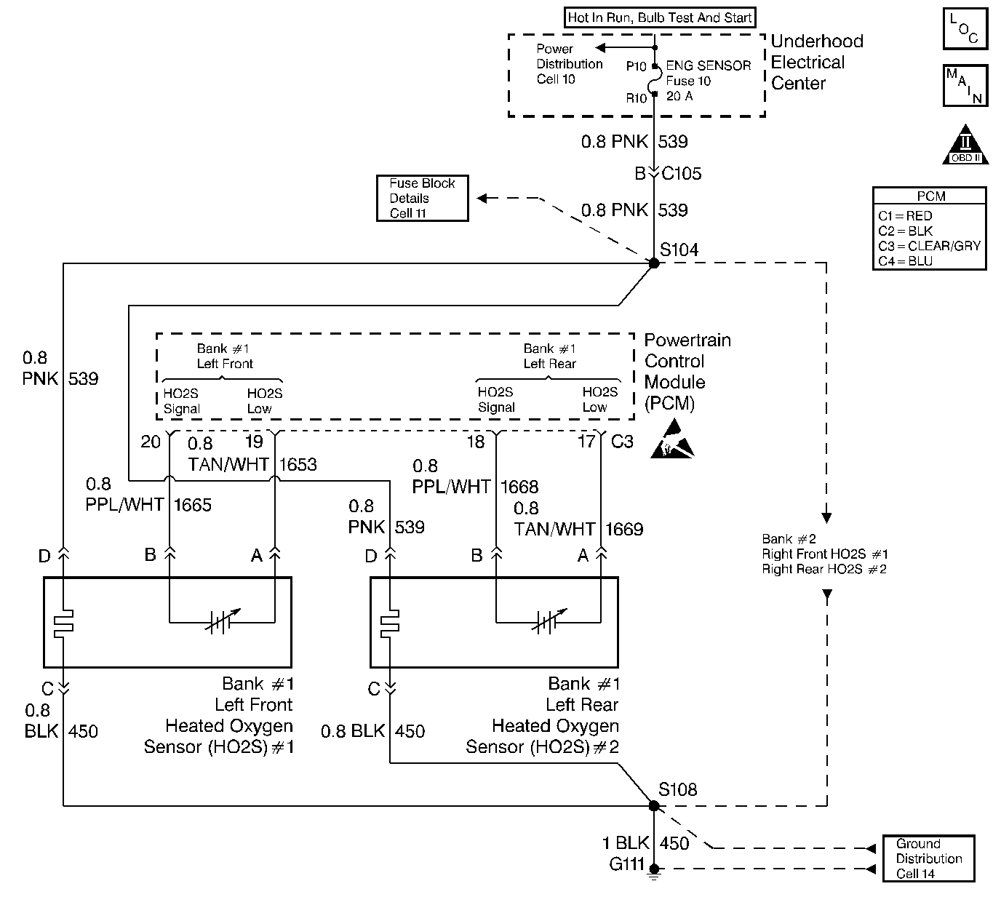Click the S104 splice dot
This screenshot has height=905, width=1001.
pyautogui.click(x=653, y=263)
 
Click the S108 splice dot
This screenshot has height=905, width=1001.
pyautogui.click(x=653, y=805)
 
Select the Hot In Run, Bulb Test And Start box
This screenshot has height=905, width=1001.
pyautogui.click(x=660, y=17)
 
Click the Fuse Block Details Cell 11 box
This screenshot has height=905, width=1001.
pyautogui.click(x=422, y=198)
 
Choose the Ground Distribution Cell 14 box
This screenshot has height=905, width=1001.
pyautogui.click(x=928, y=858)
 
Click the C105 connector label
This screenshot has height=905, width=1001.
pyautogui.click(x=682, y=174)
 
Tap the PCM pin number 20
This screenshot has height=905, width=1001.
pyautogui.click(x=151, y=442)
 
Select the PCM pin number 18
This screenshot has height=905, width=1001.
pyautogui.click(x=475, y=442)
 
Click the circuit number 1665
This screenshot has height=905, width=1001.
pyautogui.click(x=193, y=505)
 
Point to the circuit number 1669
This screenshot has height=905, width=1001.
pyautogui.click(x=624, y=529)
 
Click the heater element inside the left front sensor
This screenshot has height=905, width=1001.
pyautogui.click(x=64, y=623)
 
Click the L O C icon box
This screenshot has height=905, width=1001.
pyautogui.click(x=965, y=29)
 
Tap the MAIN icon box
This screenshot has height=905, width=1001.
pyautogui.click(x=965, y=85)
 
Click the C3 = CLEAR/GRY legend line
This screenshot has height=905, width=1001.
pyautogui.click(x=929, y=246)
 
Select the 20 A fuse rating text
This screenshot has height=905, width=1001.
pyautogui.click(x=679, y=96)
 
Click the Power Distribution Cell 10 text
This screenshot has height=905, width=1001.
pyautogui.click(x=569, y=64)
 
